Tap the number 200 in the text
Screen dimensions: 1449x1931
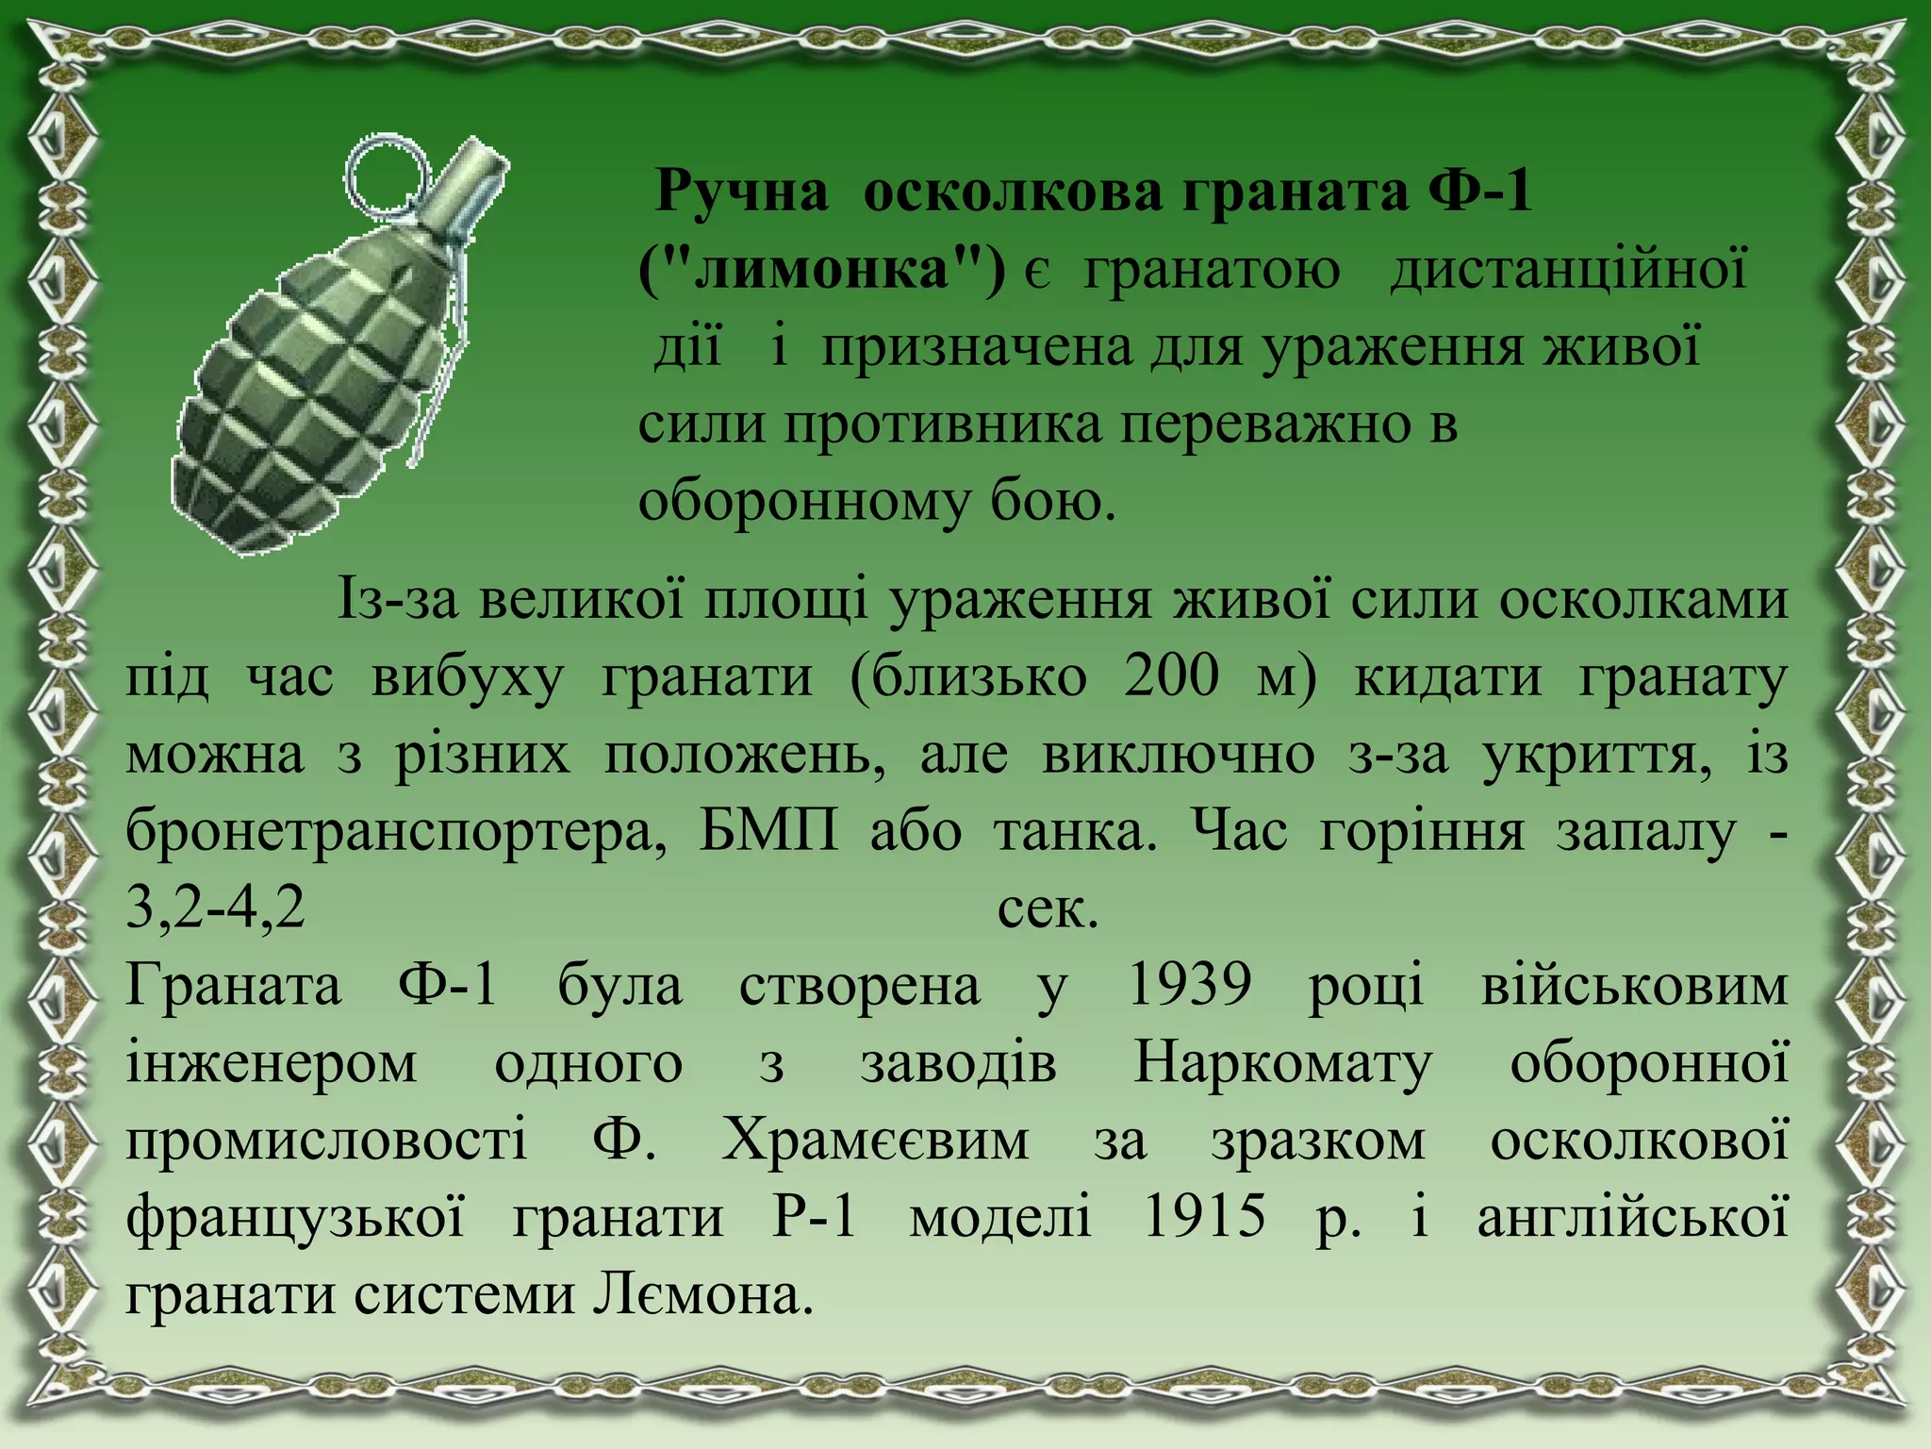point(1172,677)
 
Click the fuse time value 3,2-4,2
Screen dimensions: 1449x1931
point(216,909)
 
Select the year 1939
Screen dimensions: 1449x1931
point(1190,987)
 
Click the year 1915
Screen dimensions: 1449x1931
point(1204,1218)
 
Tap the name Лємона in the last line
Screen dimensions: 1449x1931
point(701,1296)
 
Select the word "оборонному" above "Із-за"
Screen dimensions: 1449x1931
point(802,503)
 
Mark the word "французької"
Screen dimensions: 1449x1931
point(295,1218)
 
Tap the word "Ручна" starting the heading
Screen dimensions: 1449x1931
point(741,192)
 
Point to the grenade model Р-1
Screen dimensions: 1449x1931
point(815,1218)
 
